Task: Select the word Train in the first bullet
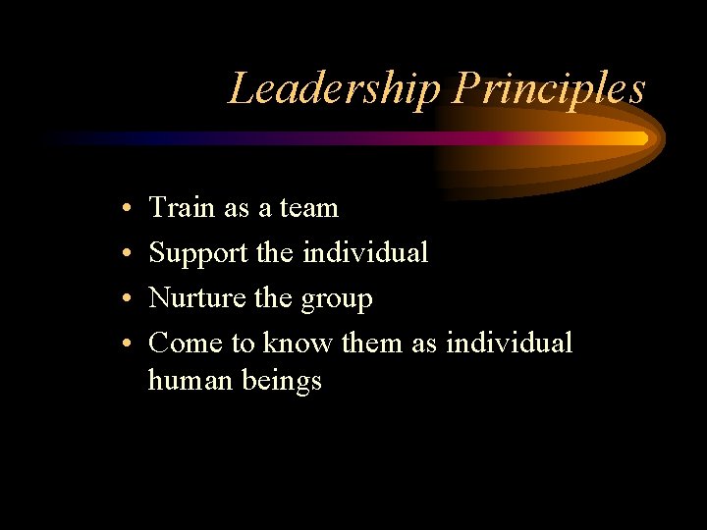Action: (x=182, y=208)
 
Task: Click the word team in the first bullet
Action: (x=308, y=208)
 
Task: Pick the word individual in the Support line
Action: (x=365, y=253)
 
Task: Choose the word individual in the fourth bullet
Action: (x=508, y=343)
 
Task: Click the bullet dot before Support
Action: (x=130, y=254)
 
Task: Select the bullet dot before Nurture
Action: (x=130, y=299)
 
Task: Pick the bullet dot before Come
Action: (x=130, y=344)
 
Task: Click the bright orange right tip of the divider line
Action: (x=640, y=138)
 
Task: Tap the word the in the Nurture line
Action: (x=271, y=297)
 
